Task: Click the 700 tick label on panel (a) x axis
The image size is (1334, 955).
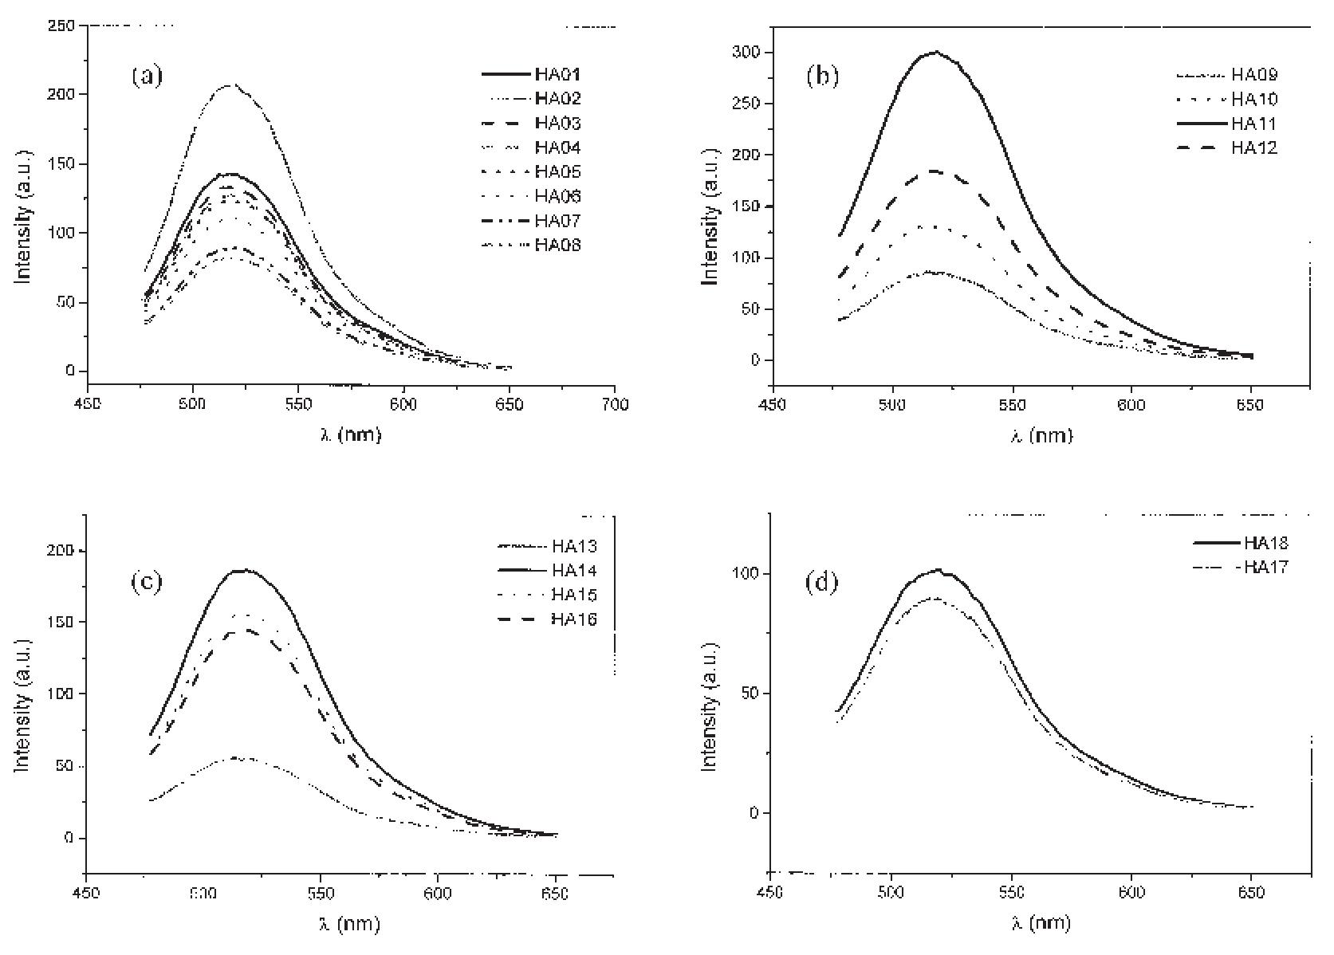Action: point(615,405)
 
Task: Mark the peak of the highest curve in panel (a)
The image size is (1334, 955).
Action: point(230,84)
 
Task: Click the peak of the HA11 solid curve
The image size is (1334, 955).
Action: point(935,52)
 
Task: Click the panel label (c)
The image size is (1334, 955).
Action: point(146,582)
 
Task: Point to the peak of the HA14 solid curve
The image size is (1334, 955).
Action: point(245,570)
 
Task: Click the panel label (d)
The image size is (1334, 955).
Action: point(822,582)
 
